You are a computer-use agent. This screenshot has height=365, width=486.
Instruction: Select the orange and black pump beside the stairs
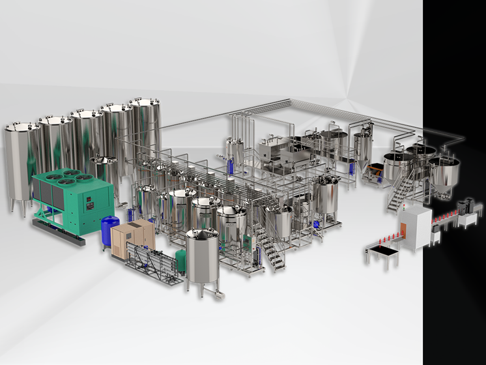click(x=374, y=173)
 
